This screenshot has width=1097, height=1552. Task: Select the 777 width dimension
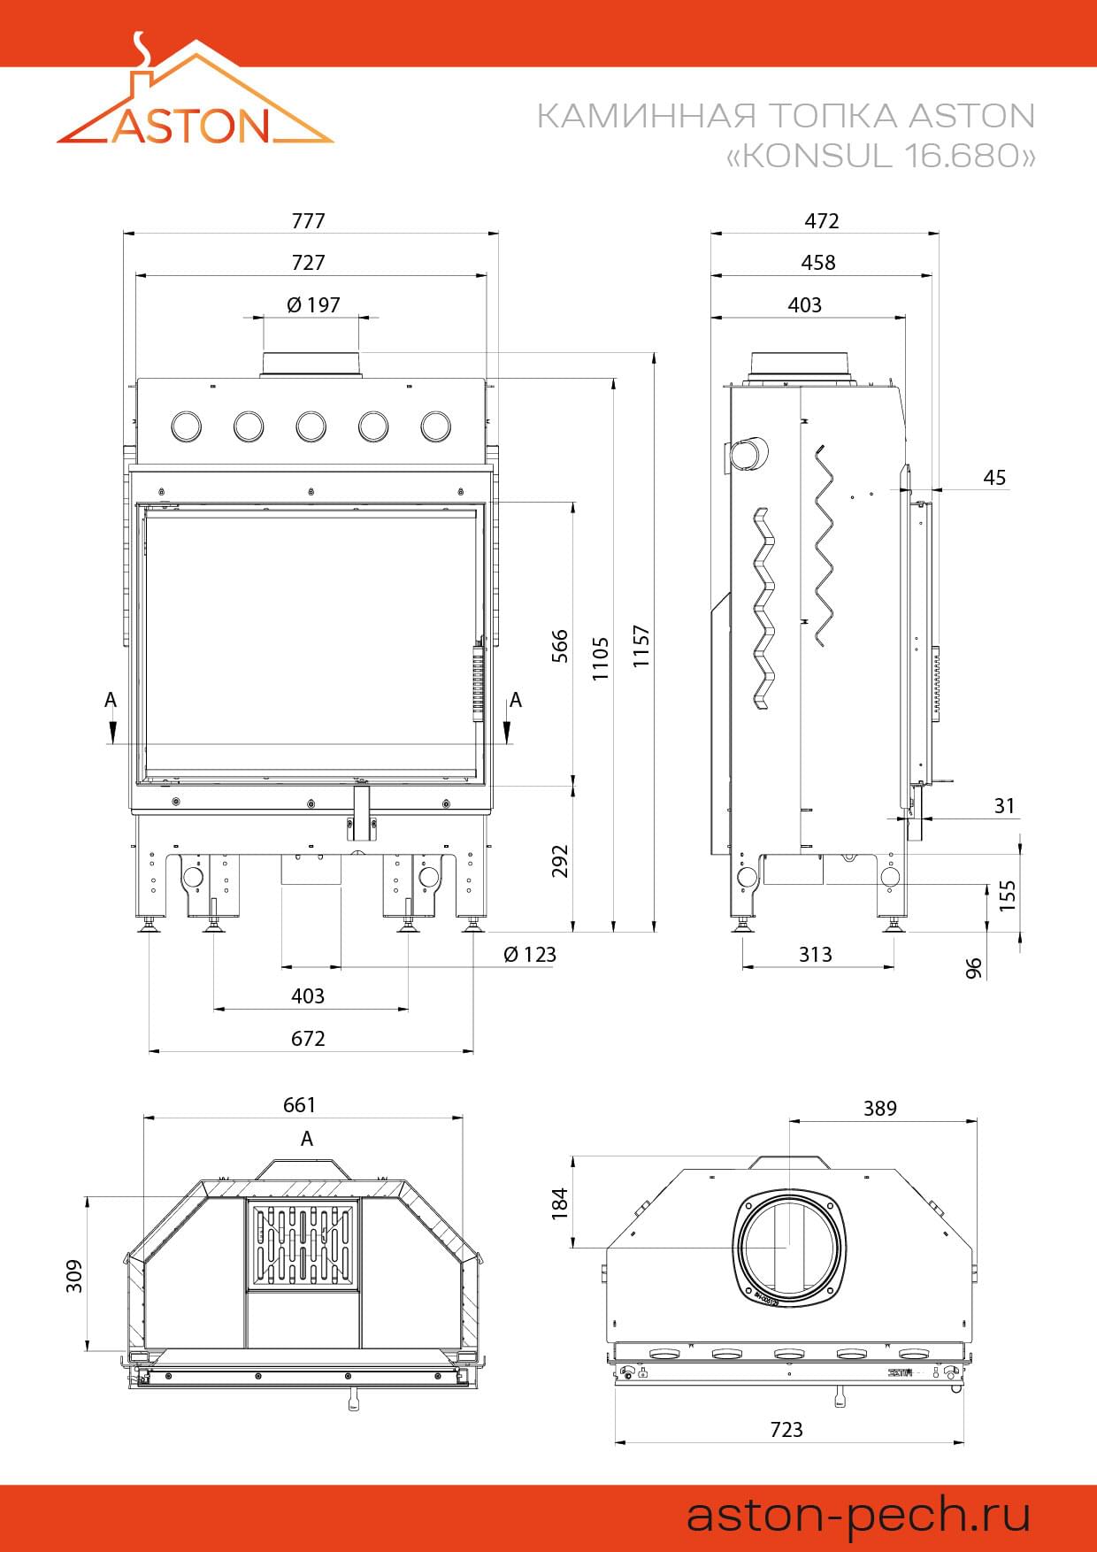(x=309, y=221)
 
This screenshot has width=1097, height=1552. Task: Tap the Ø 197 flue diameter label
(x=313, y=305)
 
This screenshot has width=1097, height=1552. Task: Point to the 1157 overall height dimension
(x=641, y=646)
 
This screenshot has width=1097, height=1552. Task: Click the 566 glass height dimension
(x=560, y=648)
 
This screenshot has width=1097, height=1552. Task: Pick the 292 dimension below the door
(x=560, y=861)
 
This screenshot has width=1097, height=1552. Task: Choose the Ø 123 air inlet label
(x=530, y=955)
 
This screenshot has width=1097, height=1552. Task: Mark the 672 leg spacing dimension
(x=309, y=1039)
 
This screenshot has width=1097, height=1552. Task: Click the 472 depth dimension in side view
(x=822, y=221)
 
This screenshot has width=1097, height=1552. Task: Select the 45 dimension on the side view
(x=994, y=478)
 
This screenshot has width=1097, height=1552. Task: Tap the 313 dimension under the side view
(x=816, y=955)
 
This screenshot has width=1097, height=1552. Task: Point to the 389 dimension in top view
(x=880, y=1109)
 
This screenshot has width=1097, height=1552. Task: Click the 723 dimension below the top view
(x=786, y=1429)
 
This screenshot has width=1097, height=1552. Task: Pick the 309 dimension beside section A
(x=74, y=1276)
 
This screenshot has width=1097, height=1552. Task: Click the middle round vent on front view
(x=311, y=426)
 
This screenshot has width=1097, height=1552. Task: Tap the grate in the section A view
(x=303, y=1245)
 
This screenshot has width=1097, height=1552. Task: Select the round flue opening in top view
(x=787, y=1247)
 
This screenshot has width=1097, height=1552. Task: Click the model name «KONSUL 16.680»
(x=880, y=156)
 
